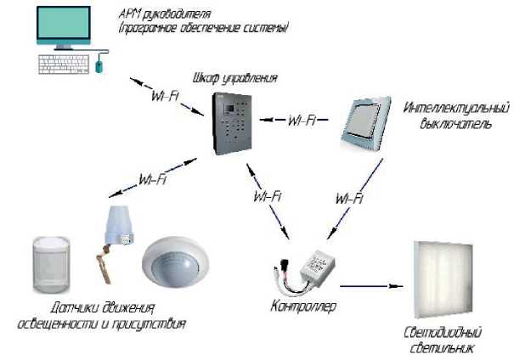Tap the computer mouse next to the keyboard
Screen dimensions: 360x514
coord(99,63)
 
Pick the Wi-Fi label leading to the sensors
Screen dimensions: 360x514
coord(152,180)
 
